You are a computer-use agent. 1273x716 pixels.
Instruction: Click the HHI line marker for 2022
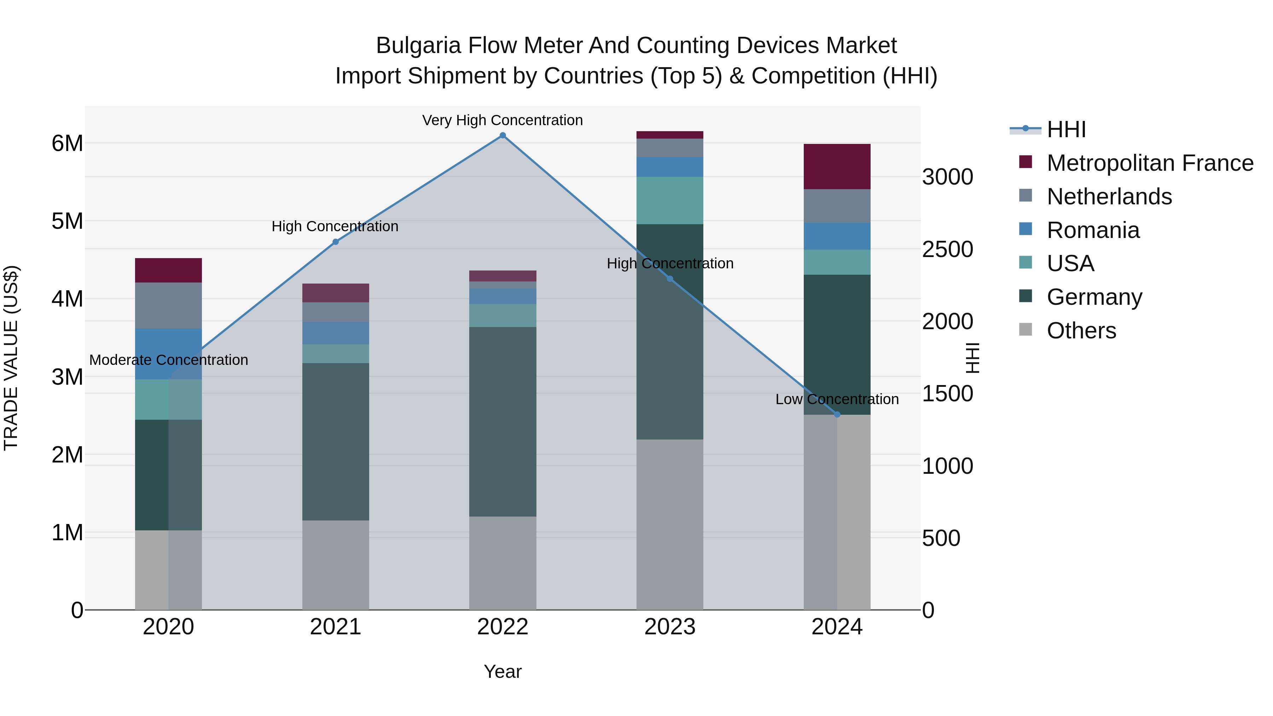(x=502, y=135)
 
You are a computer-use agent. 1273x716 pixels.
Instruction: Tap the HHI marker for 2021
(x=336, y=241)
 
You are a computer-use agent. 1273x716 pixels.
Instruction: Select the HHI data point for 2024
(x=837, y=415)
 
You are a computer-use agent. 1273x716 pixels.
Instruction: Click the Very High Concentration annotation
(x=502, y=120)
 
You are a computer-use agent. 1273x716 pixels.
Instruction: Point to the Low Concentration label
(x=837, y=399)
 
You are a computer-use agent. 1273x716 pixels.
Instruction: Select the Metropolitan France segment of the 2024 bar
(x=837, y=167)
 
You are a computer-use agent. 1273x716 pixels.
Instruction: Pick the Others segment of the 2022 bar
(x=502, y=563)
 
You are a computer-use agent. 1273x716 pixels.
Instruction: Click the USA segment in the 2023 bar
(x=670, y=200)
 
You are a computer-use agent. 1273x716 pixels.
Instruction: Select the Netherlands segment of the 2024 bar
(x=837, y=206)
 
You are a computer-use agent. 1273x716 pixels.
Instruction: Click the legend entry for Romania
(x=1093, y=230)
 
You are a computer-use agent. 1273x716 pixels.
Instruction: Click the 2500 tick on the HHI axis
(x=947, y=250)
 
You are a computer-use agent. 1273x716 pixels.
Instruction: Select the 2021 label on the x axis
(x=336, y=627)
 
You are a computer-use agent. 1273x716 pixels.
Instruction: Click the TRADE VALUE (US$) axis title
(x=11, y=358)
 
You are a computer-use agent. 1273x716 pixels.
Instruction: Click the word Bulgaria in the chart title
(x=418, y=46)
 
